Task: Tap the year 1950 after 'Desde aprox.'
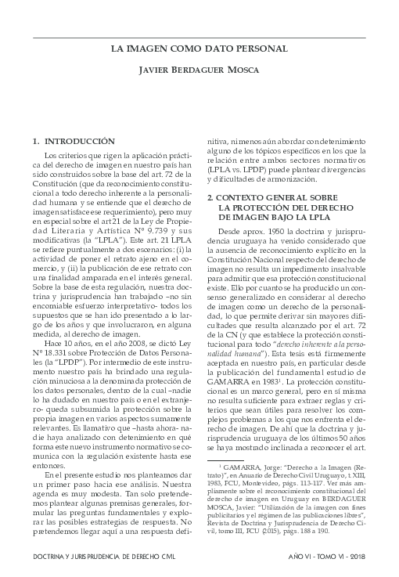[x=280, y=233]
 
